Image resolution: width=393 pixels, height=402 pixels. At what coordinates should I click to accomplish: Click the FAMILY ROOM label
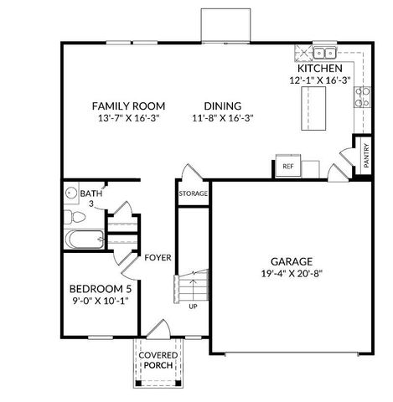[128, 106]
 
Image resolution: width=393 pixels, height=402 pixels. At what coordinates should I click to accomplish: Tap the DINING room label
[222, 106]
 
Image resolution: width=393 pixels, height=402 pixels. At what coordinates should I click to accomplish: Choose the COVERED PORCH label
[158, 361]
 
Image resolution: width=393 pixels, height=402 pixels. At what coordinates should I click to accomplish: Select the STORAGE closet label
[192, 193]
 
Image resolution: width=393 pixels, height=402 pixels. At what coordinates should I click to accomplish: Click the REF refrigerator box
[287, 167]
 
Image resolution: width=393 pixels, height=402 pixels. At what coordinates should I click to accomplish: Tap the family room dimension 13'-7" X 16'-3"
[128, 119]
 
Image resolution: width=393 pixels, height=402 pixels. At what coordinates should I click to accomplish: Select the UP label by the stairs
[193, 306]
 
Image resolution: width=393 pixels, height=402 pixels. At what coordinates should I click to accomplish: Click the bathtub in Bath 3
[83, 241]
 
